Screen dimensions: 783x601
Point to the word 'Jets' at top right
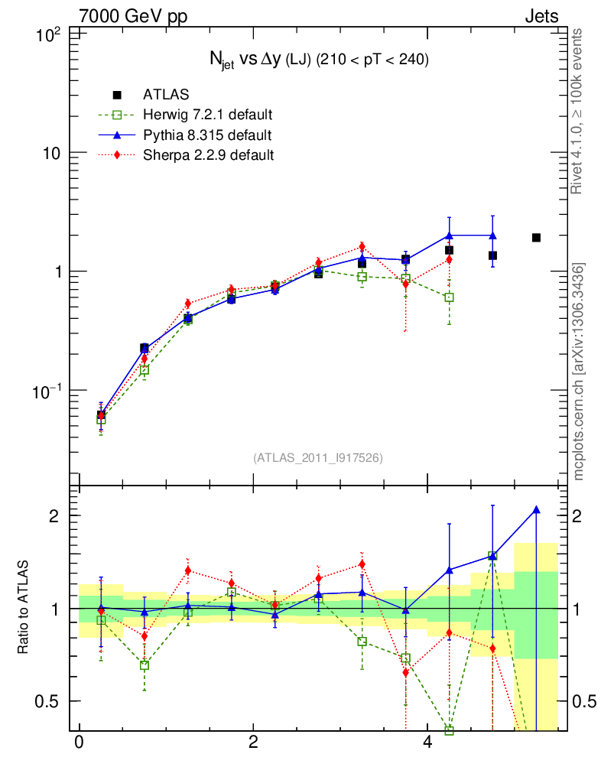click(541, 16)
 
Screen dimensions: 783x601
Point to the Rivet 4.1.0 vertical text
click(579, 111)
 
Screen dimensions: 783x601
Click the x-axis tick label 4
click(427, 742)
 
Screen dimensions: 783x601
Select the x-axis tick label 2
click(253, 742)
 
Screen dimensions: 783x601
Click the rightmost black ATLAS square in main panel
click(536, 238)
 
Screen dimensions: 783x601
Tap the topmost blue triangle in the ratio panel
click(536, 509)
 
